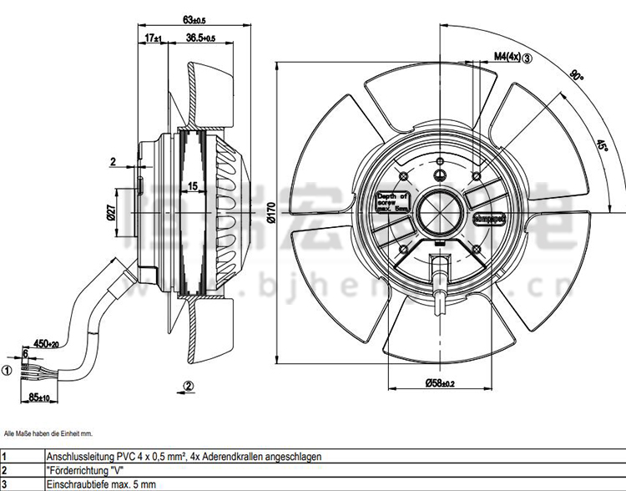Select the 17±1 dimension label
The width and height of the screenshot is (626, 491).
[152, 38]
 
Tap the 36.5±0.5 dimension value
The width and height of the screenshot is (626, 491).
[200, 38]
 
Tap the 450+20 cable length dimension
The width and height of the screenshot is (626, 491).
[45, 343]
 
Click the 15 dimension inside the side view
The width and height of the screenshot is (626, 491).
[193, 186]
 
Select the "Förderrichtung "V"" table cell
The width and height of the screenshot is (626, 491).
[79, 471]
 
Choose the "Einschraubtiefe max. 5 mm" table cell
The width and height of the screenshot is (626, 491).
[93, 484]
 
